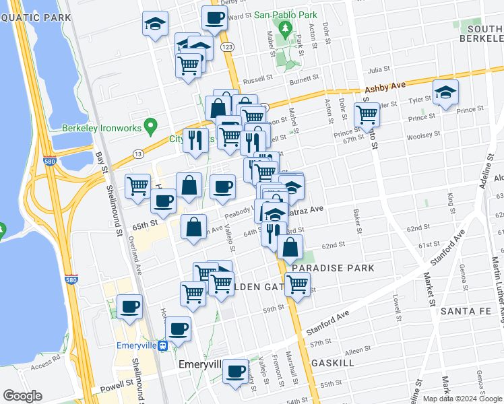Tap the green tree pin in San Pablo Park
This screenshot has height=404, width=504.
coord(285,29)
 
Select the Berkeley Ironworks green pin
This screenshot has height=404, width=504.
coord(151,125)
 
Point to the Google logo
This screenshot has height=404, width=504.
coord(22,396)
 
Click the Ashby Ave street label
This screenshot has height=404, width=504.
coord(385,88)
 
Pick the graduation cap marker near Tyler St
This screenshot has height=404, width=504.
coord(445,94)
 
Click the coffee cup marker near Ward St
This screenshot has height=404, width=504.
coord(214,18)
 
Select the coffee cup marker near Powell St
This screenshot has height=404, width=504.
coord(235,371)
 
